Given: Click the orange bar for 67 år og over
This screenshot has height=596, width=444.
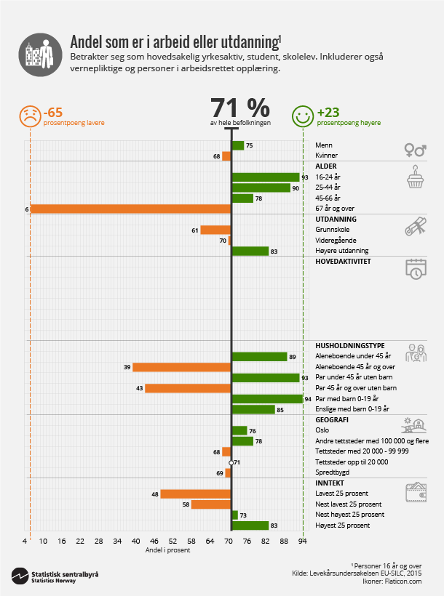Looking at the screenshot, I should coord(131,209).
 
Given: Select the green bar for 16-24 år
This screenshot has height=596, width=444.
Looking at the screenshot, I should coord(266,177).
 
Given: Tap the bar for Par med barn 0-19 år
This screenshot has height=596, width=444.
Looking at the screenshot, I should coord(267,398).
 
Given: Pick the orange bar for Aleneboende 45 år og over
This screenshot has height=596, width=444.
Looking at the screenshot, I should coord(182,367).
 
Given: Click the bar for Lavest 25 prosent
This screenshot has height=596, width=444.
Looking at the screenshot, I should coord(196,494).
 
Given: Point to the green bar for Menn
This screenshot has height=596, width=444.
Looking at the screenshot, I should coord(237,145).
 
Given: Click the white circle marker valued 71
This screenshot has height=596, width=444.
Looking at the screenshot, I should coord(231,462).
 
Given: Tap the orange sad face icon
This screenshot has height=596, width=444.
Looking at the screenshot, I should coord(29,116).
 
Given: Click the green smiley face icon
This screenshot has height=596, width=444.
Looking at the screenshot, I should coord(302,116).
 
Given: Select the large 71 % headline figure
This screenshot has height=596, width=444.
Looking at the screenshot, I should coord(240,108).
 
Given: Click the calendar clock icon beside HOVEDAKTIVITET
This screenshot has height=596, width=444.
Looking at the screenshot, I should coord(415,268).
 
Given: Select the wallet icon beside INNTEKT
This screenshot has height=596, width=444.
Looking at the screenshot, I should coord(415,493).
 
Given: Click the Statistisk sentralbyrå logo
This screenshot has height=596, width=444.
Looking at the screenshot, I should coord(55,576).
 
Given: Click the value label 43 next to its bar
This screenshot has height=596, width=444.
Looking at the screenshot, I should coord(138,388).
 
